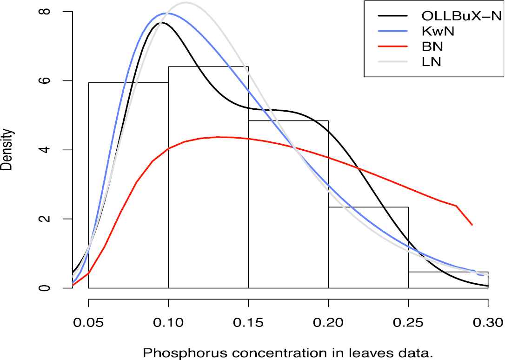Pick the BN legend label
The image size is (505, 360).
tap(432, 47)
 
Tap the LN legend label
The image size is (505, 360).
tap(431, 61)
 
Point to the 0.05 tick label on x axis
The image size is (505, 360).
tap(88, 322)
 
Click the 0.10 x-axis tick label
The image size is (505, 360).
tap(168, 322)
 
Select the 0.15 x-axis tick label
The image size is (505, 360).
tap(248, 322)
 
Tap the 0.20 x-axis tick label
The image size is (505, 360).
tap(328, 322)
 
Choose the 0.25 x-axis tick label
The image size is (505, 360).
tap(408, 322)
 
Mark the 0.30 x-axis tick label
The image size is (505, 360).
tap(487, 322)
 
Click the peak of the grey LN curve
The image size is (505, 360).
tap(186, 2)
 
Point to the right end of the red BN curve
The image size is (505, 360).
tap(472, 225)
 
